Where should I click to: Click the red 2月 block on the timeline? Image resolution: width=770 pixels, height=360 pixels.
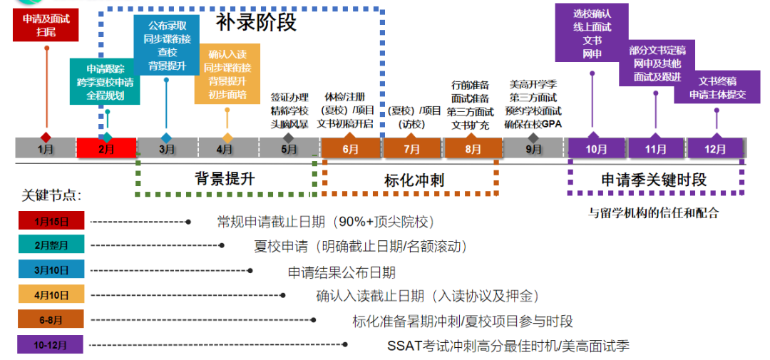click(106, 149)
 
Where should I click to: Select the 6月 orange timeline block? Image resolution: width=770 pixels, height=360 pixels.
click(351, 149)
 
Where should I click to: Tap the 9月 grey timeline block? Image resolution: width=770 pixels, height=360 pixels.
click(533, 149)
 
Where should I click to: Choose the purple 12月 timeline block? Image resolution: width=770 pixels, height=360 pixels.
click(714, 149)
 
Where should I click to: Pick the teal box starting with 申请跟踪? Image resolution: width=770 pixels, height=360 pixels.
click(106, 81)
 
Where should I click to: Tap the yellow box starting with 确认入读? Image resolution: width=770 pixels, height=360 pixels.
click(227, 74)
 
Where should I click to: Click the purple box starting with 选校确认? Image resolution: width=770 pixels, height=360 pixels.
click(592, 34)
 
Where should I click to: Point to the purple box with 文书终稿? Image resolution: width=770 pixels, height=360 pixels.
click(717, 87)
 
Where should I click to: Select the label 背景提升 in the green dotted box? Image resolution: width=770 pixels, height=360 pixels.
click(225, 178)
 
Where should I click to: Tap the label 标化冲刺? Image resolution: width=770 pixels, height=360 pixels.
click(409, 180)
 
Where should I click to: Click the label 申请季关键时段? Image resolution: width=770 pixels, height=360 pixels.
click(654, 180)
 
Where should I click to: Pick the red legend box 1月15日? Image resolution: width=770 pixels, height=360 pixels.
click(51, 222)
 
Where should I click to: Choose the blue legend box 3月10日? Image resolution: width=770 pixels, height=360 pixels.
click(51, 269)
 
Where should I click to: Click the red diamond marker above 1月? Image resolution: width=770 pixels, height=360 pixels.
click(46, 136)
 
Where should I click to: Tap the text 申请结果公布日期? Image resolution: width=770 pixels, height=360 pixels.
click(341, 272)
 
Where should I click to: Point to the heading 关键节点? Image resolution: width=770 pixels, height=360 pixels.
click(51, 195)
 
